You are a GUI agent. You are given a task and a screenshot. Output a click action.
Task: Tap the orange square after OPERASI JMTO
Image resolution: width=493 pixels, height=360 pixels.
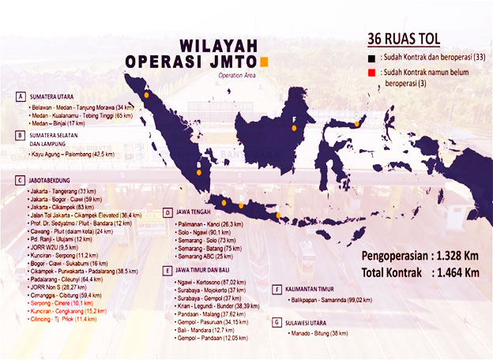point(265,61)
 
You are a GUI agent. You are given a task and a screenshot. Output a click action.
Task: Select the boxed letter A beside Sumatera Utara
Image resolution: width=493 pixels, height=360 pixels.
point(19,96)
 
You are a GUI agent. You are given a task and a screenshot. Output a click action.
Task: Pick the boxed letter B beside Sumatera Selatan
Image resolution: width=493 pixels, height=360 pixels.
point(19,135)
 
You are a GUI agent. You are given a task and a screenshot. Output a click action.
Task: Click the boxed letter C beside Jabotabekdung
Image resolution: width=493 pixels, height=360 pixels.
point(19,180)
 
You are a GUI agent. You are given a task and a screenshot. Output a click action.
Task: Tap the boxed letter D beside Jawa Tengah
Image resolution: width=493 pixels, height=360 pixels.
point(167,212)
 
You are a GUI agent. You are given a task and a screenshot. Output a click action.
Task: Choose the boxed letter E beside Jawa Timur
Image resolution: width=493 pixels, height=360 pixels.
point(167,270)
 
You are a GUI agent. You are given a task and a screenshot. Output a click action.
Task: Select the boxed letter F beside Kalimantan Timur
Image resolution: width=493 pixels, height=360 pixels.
point(276,289)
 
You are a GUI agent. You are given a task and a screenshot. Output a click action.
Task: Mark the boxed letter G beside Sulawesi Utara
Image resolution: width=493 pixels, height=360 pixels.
point(276,322)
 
